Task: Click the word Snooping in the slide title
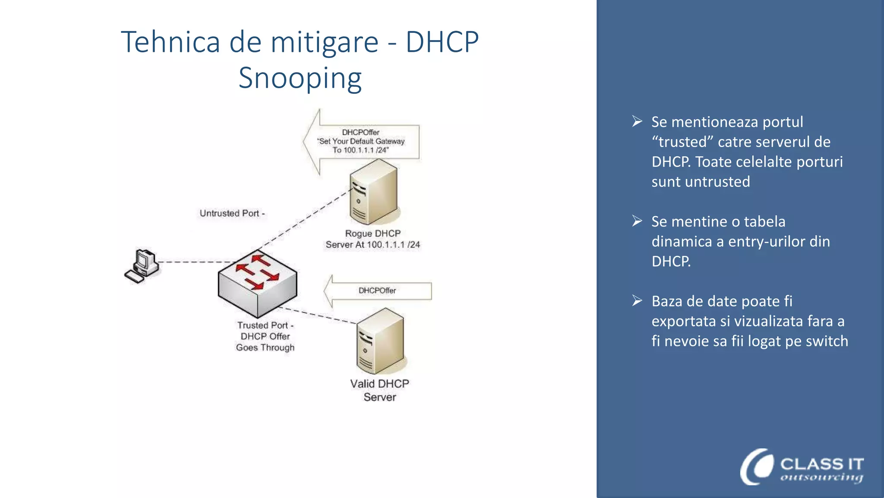pyautogui.click(x=300, y=78)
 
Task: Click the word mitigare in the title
pyautogui.click(x=324, y=42)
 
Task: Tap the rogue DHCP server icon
pyautogui.click(x=373, y=192)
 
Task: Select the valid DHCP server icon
pyautogui.click(x=380, y=342)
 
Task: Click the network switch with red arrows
pyautogui.click(x=258, y=283)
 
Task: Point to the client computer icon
pyautogui.click(x=142, y=266)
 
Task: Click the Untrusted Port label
pyautogui.click(x=232, y=213)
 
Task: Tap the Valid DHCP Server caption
pyautogui.click(x=379, y=390)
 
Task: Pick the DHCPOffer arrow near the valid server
pyautogui.click(x=377, y=290)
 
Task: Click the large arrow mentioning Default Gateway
pyautogui.click(x=361, y=141)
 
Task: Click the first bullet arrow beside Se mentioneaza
pyautogui.click(x=637, y=121)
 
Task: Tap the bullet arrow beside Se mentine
pyautogui.click(x=637, y=221)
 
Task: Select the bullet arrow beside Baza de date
pyautogui.click(x=637, y=300)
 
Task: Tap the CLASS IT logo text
pyautogui.click(x=821, y=464)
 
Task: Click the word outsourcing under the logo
pyautogui.click(x=821, y=477)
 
